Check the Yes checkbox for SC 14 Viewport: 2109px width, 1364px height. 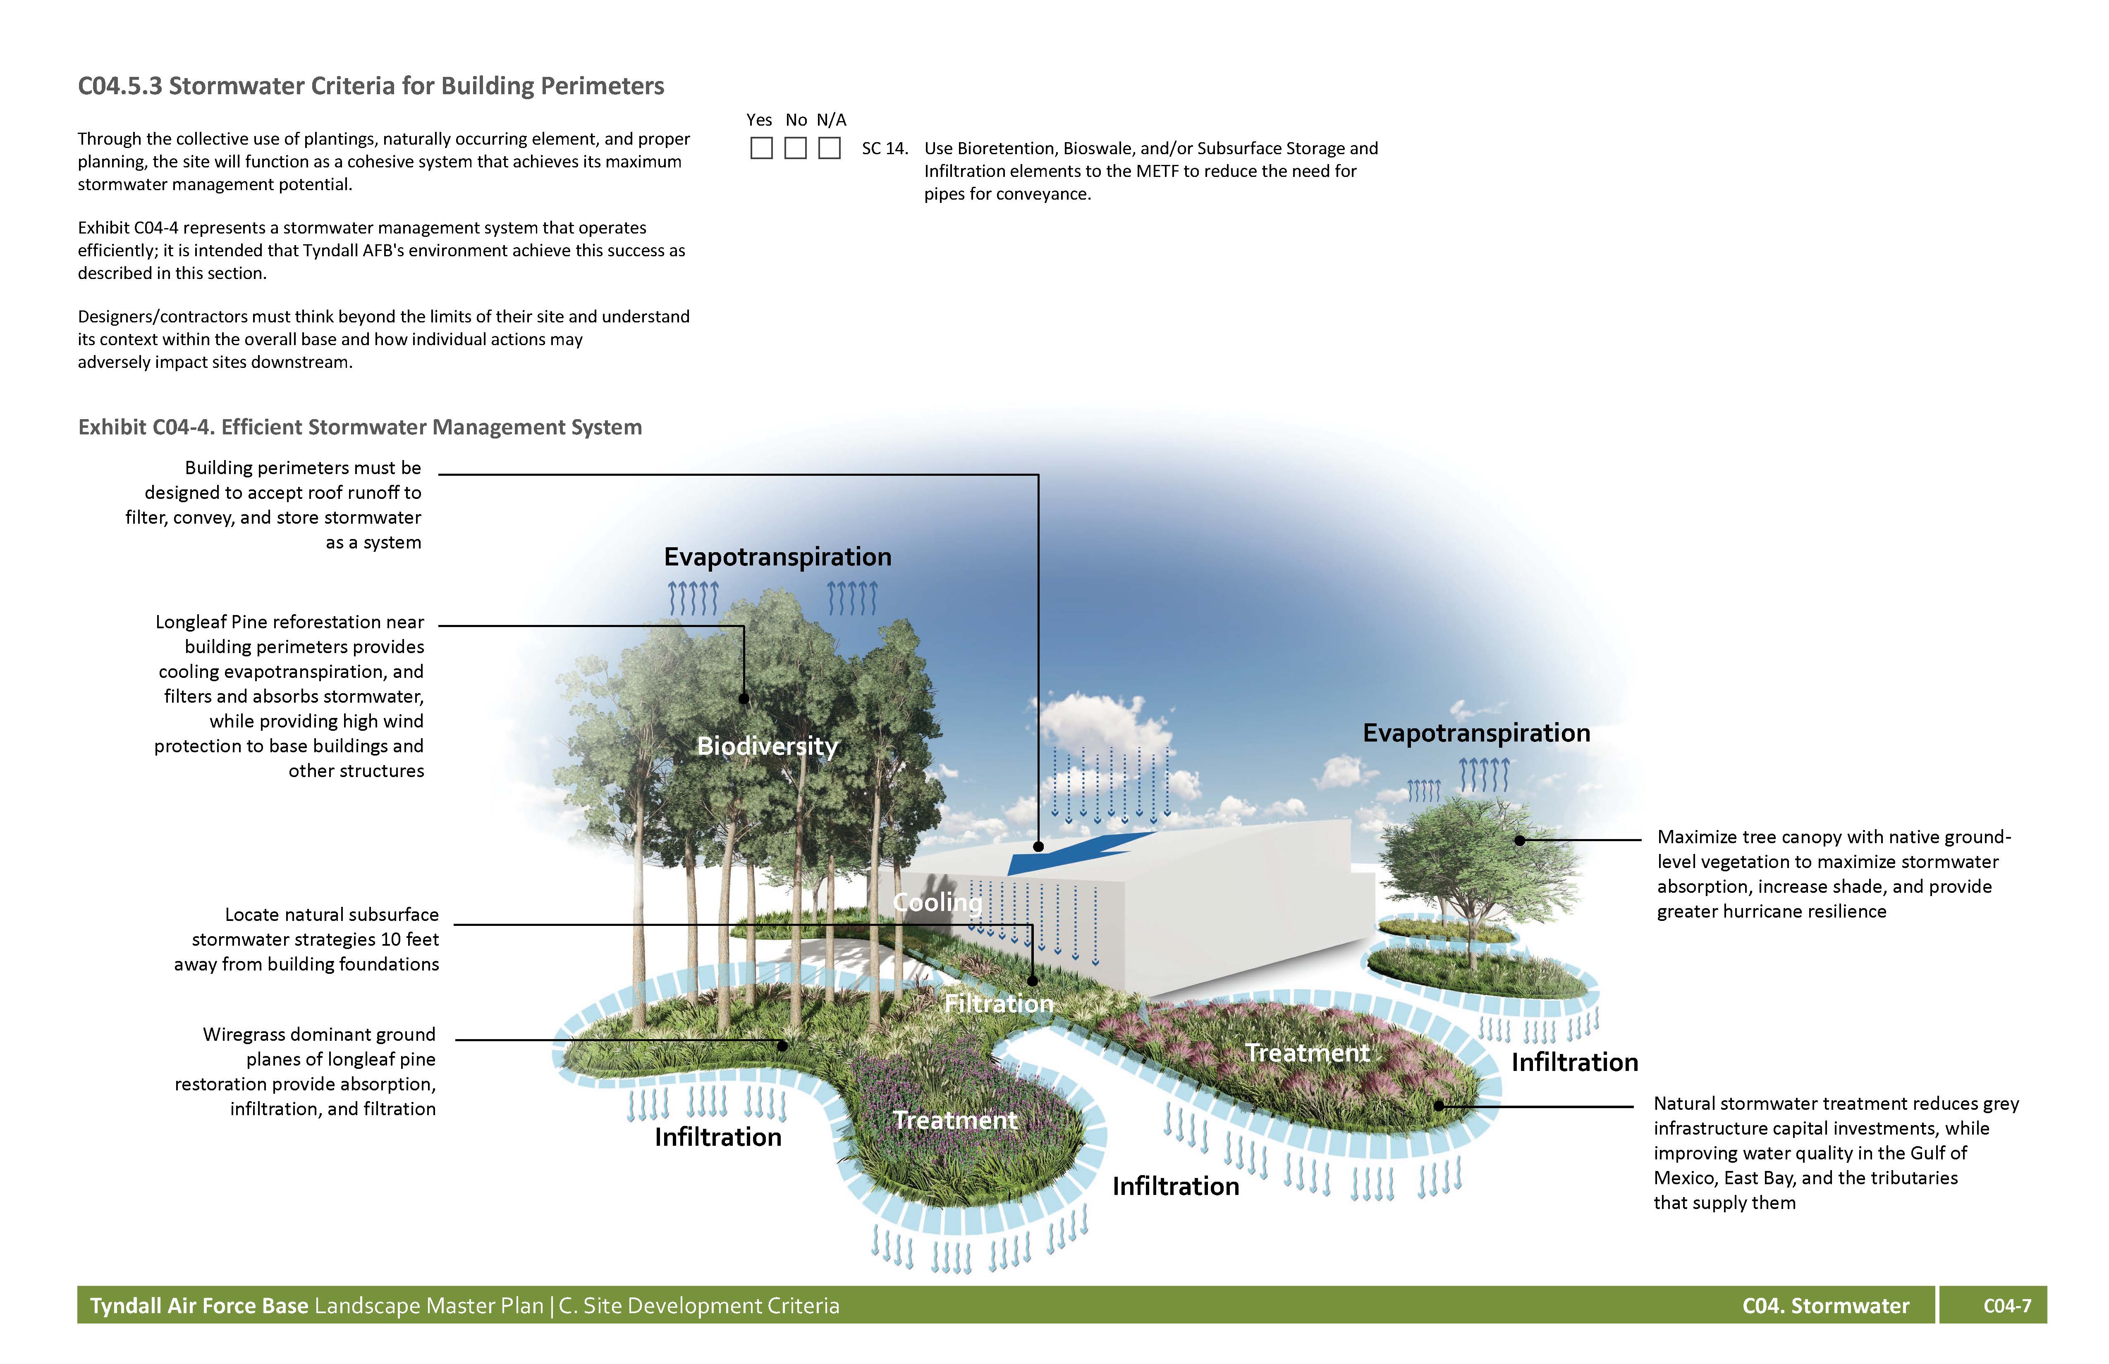[x=761, y=148]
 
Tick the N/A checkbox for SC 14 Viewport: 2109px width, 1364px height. [x=830, y=148]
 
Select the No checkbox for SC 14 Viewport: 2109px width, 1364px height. [x=796, y=148]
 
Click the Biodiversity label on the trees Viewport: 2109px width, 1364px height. [x=768, y=746]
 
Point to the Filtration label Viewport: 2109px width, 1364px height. [x=999, y=1004]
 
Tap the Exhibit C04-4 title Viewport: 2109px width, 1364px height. [x=360, y=427]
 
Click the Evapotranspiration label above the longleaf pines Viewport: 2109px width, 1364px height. [x=777, y=557]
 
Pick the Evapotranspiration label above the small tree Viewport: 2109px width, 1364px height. [x=1476, y=733]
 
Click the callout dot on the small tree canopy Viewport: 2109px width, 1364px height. [x=1520, y=839]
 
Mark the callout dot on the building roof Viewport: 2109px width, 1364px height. [x=1038, y=847]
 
